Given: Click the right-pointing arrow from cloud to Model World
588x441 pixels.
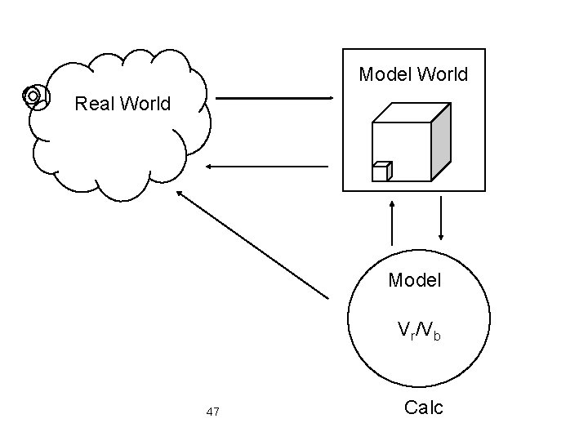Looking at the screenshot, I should pyautogui.click(x=274, y=99).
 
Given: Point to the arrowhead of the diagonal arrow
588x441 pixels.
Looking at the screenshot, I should pyautogui.click(x=180, y=194).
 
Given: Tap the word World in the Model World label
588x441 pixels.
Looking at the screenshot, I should pyautogui.click(x=441, y=75).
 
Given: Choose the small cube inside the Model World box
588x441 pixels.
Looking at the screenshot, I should pyautogui.click(x=381, y=171).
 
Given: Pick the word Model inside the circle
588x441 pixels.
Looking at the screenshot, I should pyautogui.click(x=415, y=281).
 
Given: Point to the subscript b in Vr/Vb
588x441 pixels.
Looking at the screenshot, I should pyautogui.click(x=437, y=335).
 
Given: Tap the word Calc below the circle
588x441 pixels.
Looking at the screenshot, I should pyautogui.click(x=424, y=408).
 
